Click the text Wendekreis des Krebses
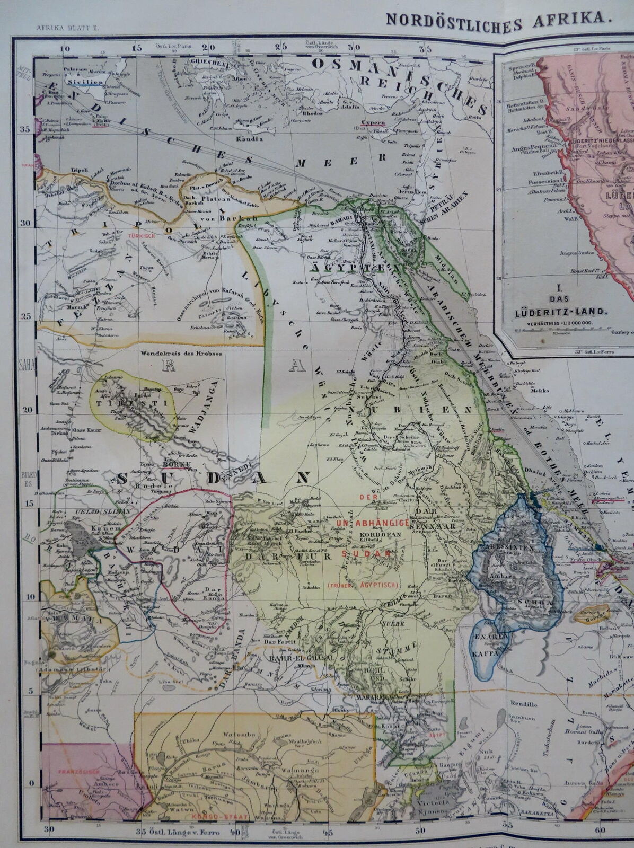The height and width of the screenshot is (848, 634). tap(173, 353)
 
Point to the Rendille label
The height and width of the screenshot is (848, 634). tap(523, 705)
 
